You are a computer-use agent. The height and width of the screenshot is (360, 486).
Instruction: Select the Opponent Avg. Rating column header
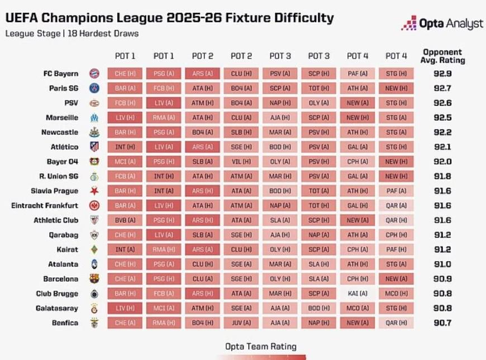point(444,55)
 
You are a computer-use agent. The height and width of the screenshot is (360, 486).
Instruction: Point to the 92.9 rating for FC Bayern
point(444,73)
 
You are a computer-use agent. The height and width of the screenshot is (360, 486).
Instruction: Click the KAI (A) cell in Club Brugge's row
point(358,293)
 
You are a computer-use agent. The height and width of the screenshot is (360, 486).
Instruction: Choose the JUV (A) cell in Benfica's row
point(241,323)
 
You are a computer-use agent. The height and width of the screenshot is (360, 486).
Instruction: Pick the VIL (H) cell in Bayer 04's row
point(241,162)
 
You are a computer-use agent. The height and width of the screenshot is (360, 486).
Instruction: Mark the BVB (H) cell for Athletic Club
point(125,220)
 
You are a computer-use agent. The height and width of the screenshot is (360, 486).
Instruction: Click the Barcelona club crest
point(94,278)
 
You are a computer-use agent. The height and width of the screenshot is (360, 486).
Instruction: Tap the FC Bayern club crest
point(94,73)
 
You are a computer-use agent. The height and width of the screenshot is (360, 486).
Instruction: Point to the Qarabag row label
point(63,235)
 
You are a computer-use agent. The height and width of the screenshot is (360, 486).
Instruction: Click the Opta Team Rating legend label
point(261,346)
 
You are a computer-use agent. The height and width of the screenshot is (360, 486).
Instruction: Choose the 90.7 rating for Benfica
point(444,323)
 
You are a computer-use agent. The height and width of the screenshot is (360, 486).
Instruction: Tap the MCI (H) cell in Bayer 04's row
point(125,162)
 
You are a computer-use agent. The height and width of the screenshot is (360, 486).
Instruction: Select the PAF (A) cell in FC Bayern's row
point(358,73)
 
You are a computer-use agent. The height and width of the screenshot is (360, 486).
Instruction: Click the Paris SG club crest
point(94,88)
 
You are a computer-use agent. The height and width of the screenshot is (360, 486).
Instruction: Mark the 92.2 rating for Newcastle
point(444,132)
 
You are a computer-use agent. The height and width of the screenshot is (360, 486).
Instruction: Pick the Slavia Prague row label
point(55,191)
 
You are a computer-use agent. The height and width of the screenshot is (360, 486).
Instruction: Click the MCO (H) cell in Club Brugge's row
point(396,293)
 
